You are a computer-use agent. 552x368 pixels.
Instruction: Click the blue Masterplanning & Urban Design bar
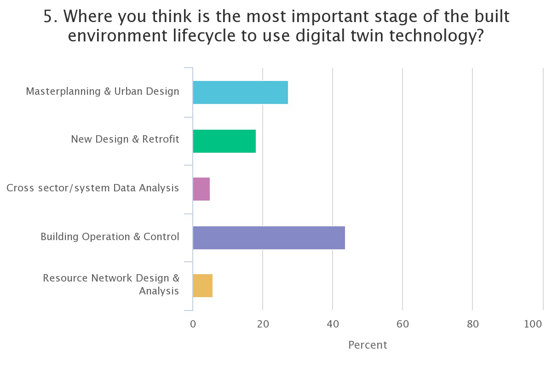coord(240,92)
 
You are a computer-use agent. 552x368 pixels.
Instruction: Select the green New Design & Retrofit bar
coord(224,141)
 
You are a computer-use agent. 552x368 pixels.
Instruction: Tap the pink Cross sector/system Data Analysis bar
coord(201,189)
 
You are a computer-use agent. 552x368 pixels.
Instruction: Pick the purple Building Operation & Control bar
coord(269,237)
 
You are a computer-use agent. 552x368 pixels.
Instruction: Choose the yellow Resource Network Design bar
coord(202,286)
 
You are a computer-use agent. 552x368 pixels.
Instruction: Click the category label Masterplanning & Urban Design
coord(103,91)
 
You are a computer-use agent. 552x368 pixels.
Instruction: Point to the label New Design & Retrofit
coord(125,139)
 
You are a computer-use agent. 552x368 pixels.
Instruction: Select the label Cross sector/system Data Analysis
coord(93,188)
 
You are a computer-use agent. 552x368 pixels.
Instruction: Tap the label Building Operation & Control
coord(110,236)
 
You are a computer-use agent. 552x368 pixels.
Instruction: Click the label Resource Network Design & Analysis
coord(111,284)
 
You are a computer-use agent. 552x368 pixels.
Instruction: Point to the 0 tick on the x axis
coord(193,324)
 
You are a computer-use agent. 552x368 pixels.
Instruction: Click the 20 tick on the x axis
coord(263,324)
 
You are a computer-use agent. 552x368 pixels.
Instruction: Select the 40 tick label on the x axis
coord(333,324)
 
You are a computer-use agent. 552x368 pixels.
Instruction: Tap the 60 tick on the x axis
coord(402,324)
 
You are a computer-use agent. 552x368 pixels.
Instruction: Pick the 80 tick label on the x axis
coord(472,324)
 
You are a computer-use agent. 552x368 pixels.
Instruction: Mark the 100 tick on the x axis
coord(533,324)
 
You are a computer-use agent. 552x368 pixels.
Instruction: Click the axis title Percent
coord(368,345)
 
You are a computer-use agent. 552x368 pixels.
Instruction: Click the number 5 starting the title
coord(48,17)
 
